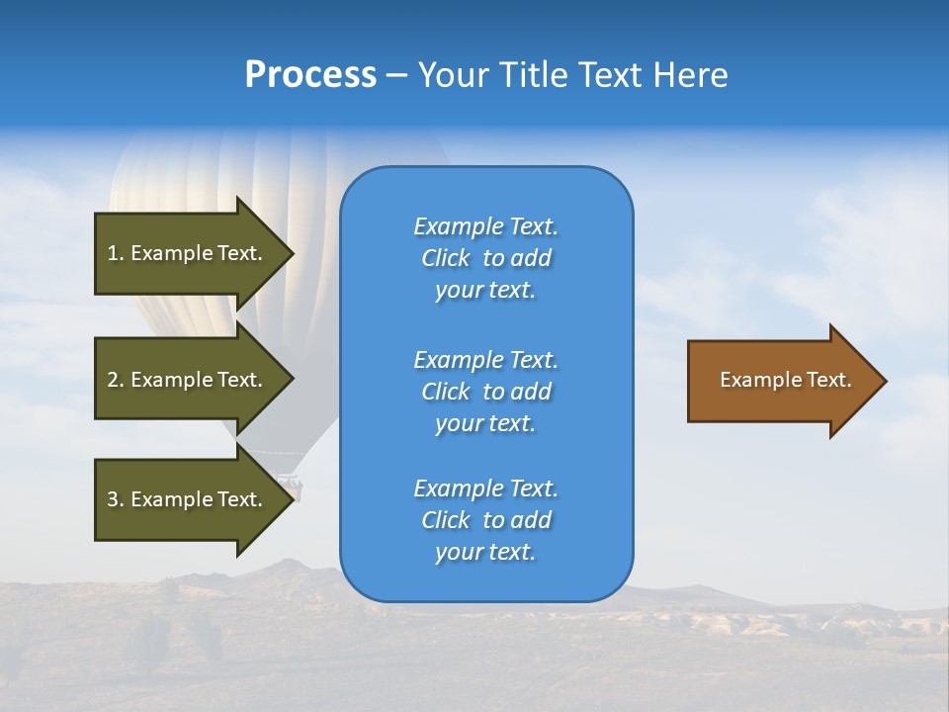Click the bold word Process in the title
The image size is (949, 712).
[310, 75]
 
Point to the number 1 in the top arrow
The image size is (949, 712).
[113, 253]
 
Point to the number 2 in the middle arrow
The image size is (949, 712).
[113, 380]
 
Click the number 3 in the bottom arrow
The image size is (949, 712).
[113, 499]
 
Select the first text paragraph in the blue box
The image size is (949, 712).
[485, 258]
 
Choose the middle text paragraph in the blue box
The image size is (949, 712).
[485, 392]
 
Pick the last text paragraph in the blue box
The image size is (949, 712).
[485, 520]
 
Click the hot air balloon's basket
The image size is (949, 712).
[291, 485]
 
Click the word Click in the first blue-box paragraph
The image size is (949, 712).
[446, 258]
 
